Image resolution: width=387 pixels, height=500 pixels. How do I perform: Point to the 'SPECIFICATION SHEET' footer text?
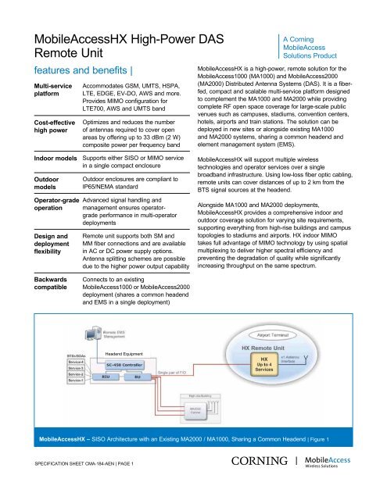coord(55,485)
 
